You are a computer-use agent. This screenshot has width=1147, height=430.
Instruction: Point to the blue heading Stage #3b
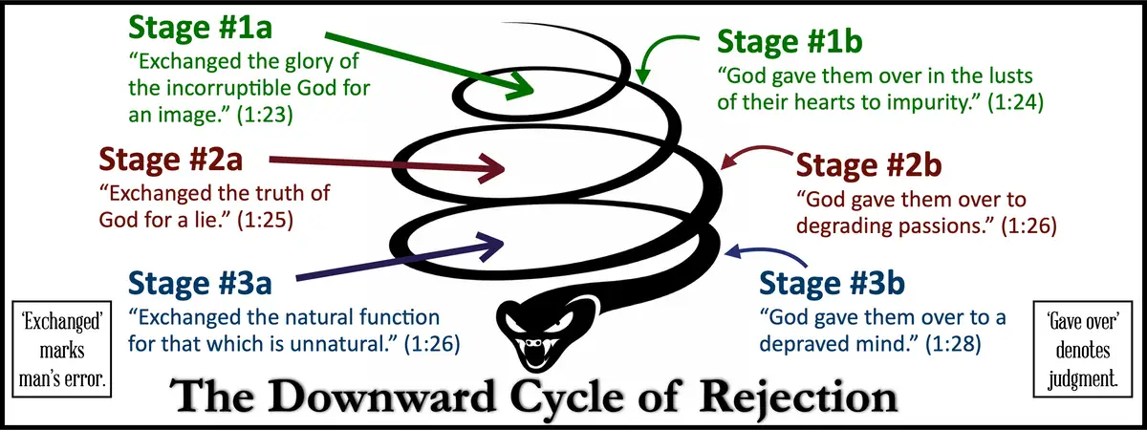pos(831,284)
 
